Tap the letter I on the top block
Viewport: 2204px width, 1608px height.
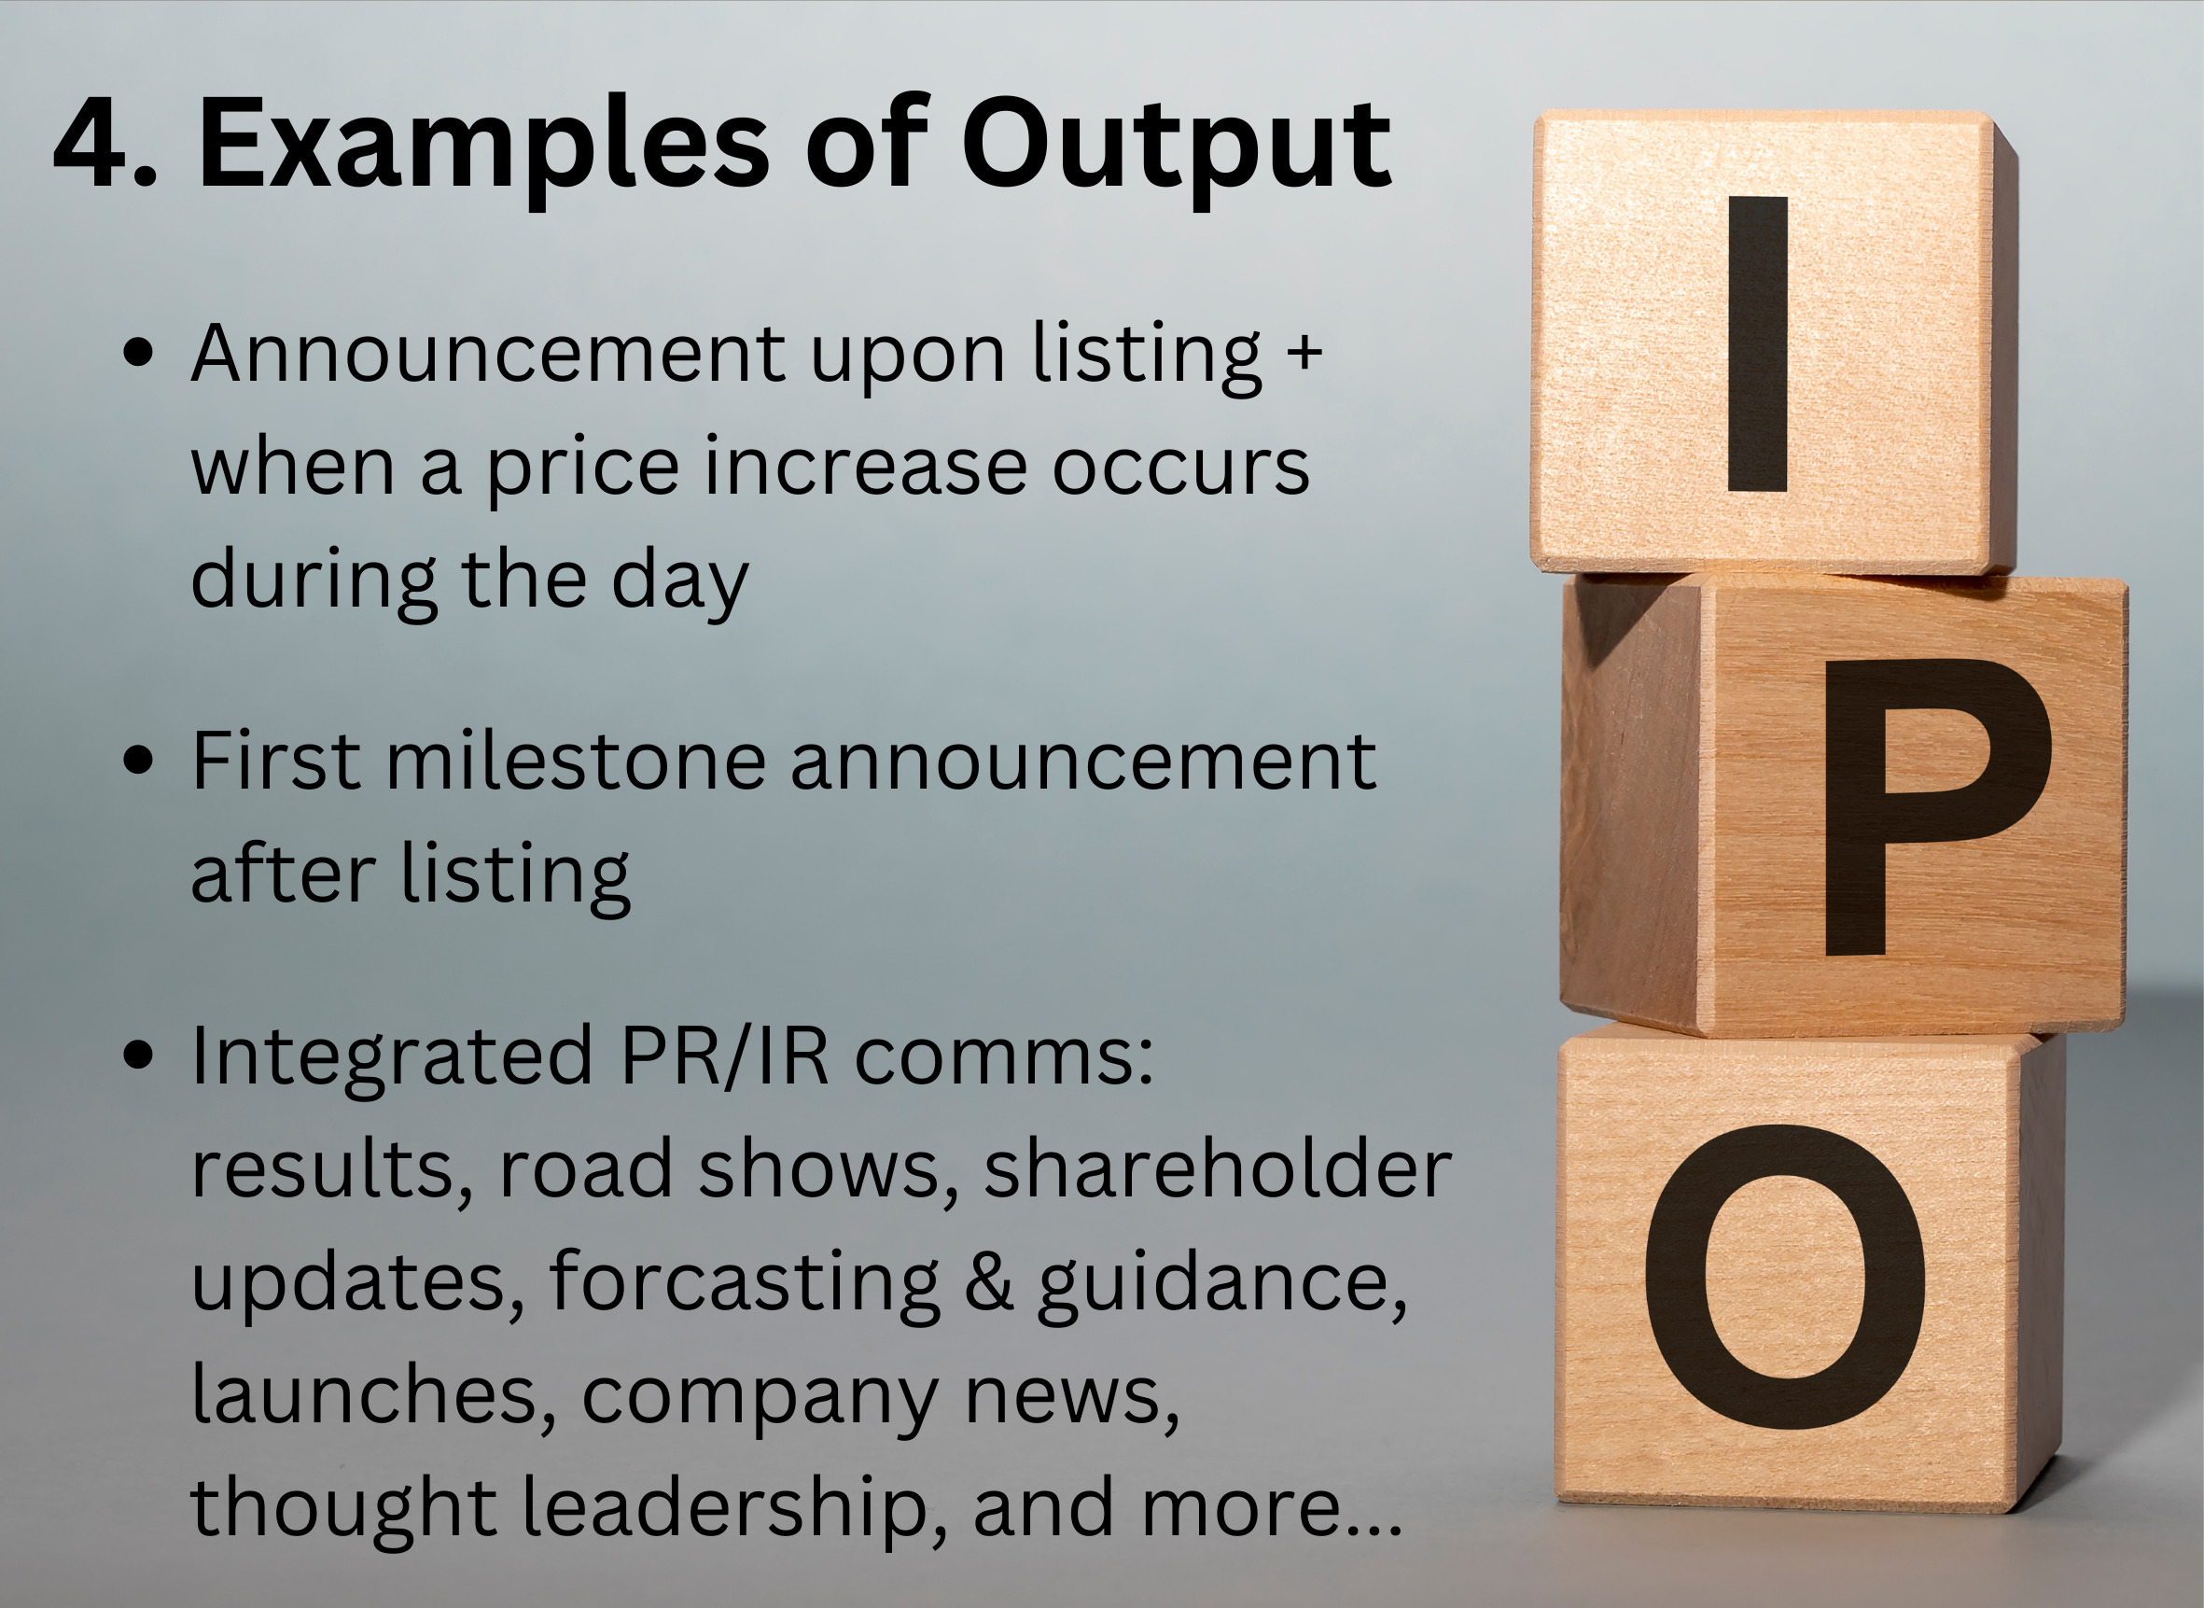1757,344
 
